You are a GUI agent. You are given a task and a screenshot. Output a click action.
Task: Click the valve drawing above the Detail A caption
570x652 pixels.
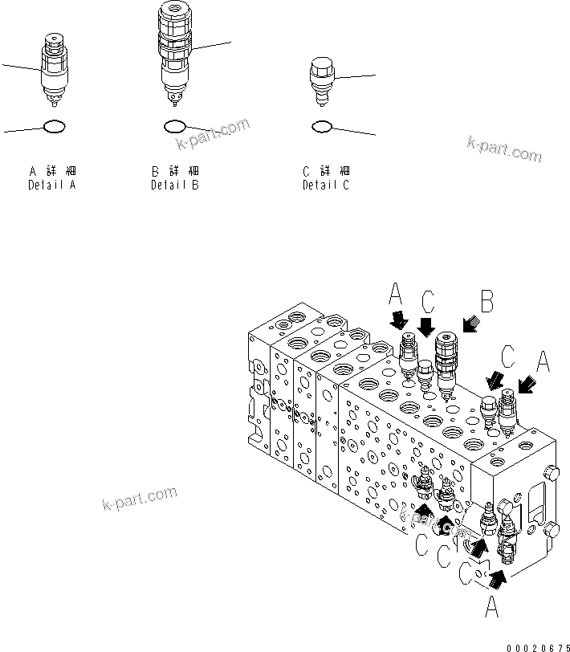click(x=53, y=71)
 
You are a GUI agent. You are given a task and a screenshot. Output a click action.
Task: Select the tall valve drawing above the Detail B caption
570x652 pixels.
click(x=173, y=52)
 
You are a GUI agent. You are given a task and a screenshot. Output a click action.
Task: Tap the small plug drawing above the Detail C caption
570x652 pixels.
click(x=321, y=81)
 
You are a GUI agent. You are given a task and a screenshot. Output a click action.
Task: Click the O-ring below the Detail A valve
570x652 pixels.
click(x=53, y=126)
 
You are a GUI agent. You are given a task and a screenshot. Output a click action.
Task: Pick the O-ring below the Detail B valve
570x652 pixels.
click(x=174, y=126)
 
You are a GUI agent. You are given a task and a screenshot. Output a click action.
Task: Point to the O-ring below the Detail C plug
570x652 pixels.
click(x=322, y=126)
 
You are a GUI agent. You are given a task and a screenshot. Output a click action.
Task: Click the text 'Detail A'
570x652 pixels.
click(x=52, y=185)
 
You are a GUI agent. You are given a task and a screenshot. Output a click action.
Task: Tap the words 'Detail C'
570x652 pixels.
click(x=326, y=185)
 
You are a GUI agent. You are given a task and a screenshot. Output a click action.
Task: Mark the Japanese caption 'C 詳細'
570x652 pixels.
click(x=326, y=172)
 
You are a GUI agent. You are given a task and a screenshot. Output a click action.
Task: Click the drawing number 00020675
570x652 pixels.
click(x=539, y=646)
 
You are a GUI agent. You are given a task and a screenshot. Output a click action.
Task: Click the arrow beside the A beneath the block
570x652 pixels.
click(x=498, y=576)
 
